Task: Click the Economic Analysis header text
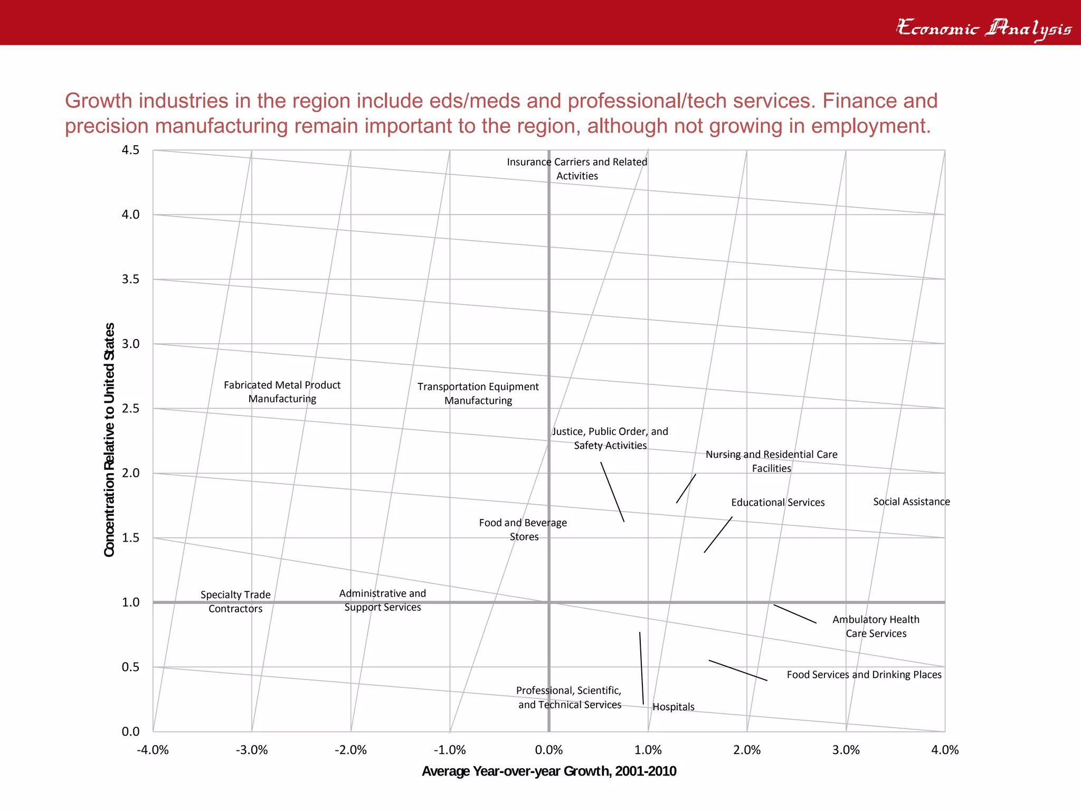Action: click(x=984, y=27)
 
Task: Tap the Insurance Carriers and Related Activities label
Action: click(x=577, y=169)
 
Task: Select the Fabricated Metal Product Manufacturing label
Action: click(x=282, y=392)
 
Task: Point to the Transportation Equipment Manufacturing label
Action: click(x=478, y=393)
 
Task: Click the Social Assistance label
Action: click(x=911, y=502)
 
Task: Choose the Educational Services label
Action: click(x=777, y=502)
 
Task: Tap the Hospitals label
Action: click(x=673, y=706)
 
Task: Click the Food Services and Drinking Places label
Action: click(x=864, y=674)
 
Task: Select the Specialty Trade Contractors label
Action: click(x=235, y=601)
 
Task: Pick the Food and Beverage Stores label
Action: click(x=523, y=530)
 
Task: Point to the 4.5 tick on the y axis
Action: click(x=130, y=150)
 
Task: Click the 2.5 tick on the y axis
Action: click(x=130, y=408)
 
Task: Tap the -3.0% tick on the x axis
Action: click(x=252, y=750)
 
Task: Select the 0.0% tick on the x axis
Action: click(x=549, y=750)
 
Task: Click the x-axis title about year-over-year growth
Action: click(x=549, y=771)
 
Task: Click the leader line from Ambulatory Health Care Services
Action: click(x=795, y=614)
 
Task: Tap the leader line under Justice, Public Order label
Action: click(x=612, y=492)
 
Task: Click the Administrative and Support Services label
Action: click(x=383, y=600)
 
